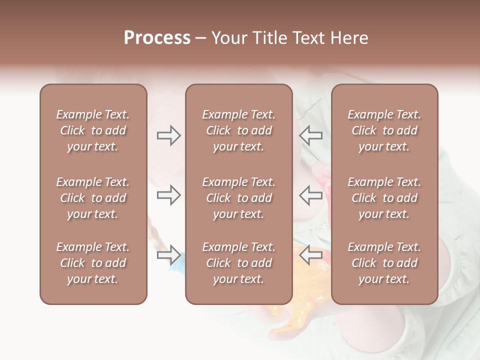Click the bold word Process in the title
[157, 38]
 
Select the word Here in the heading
[349, 38]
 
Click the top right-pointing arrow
[168, 135]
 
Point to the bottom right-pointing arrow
[168, 255]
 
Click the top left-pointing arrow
[311, 135]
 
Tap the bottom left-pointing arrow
[311, 255]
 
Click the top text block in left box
[93, 130]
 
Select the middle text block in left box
[93, 198]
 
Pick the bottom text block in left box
[93, 263]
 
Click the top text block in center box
[239, 130]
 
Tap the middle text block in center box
[239, 198]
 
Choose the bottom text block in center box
[239, 263]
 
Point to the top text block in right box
[384, 130]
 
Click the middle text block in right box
[384, 198]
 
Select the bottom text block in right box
[384, 263]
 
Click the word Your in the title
[227, 38]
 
